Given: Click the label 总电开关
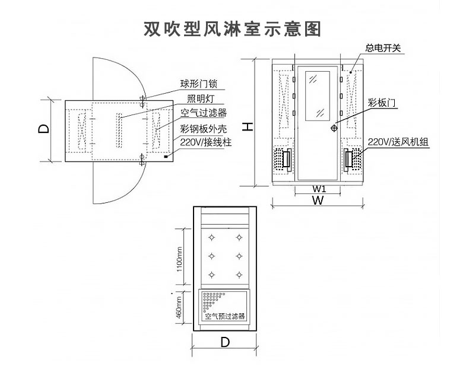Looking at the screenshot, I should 384,47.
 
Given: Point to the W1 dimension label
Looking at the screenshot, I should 319,189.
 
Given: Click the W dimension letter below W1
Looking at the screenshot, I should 318,200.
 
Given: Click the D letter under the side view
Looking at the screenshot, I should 225,342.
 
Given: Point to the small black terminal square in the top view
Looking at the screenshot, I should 168,157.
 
